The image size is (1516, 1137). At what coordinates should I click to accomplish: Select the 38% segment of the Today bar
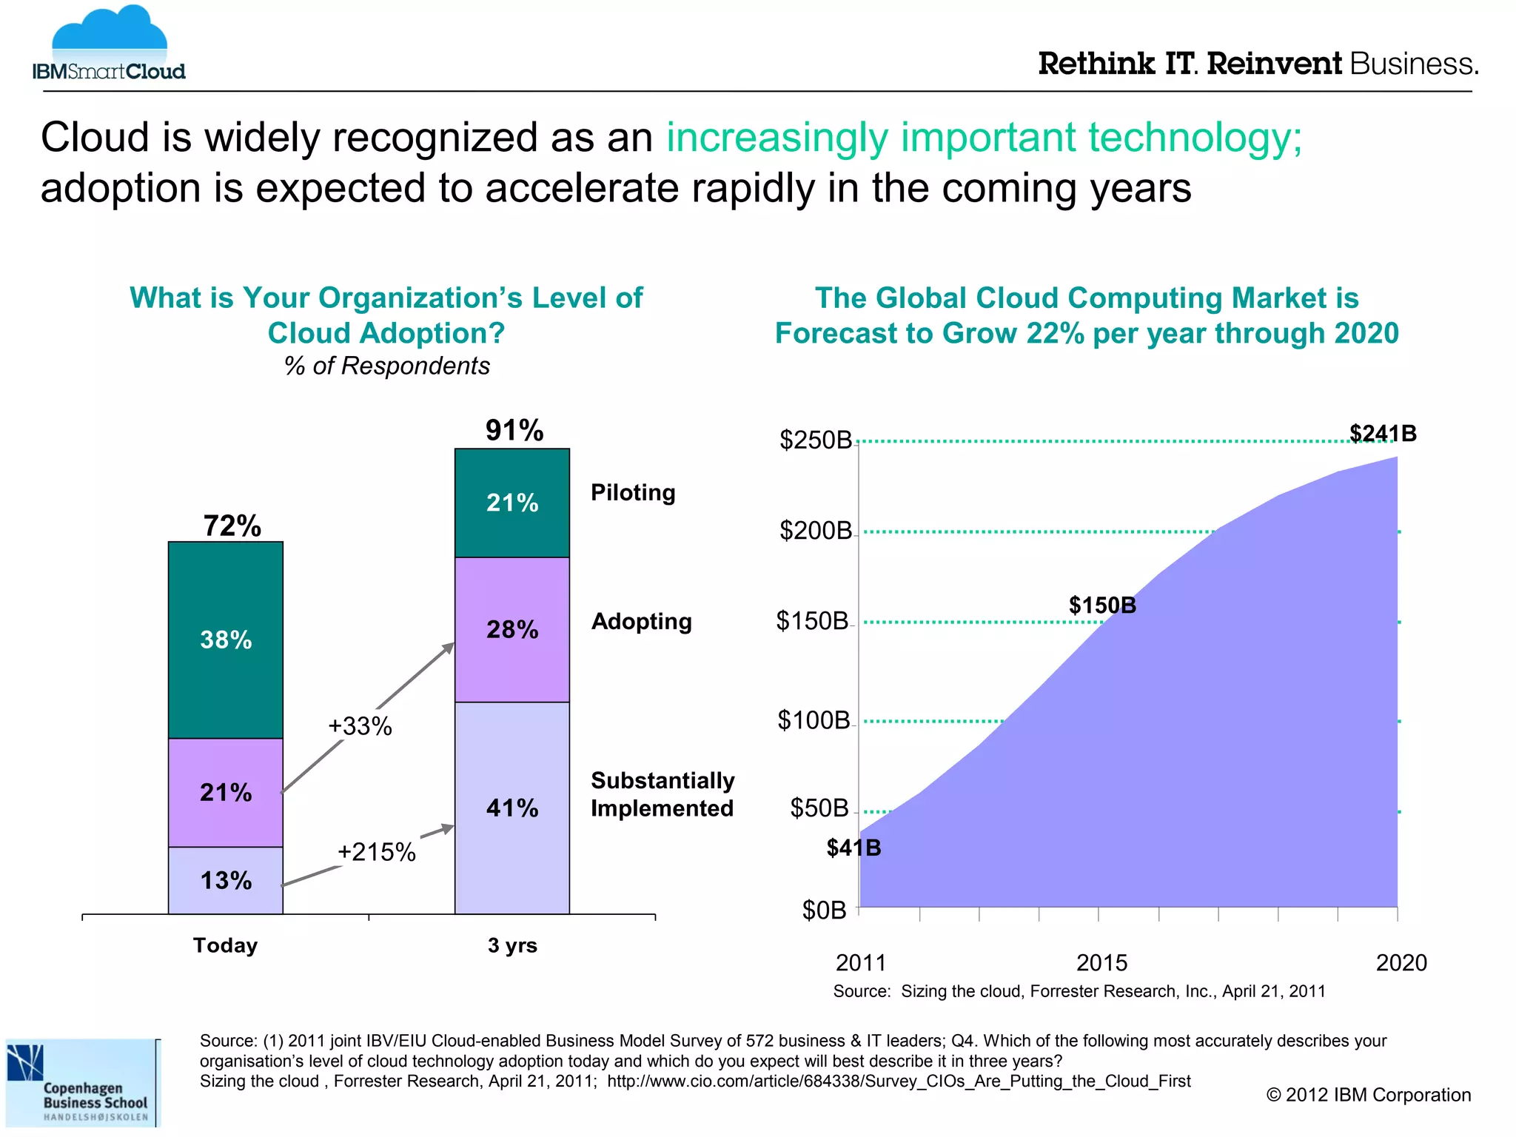pos(226,640)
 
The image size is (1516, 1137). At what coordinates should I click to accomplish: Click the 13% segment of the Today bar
pos(226,880)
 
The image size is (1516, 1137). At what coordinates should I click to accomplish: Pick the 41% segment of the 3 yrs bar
pos(512,808)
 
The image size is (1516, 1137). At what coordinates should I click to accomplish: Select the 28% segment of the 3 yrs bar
pos(512,629)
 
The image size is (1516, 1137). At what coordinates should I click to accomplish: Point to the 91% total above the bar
pos(514,430)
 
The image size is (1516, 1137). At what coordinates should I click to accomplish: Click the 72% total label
pos(232,526)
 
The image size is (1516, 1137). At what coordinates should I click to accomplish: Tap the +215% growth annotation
pos(377,852)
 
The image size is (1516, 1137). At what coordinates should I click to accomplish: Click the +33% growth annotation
pos(360,726)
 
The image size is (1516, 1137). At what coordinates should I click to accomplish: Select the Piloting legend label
pos(633,492)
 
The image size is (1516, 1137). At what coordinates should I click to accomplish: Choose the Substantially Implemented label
pos(663,794)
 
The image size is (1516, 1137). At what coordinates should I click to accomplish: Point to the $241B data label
pos(1383,433)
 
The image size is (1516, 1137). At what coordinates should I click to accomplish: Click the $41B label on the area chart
pos(853,848)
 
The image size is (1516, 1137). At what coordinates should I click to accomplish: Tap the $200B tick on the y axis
pos(816,531)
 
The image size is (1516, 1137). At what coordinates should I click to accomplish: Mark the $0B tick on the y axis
pos(824,910)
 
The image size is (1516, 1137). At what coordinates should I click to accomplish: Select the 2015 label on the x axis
pos(1101,962)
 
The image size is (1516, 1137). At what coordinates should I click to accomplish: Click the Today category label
pos(225,945)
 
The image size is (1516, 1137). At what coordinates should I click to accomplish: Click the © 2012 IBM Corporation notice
pos(1368,1095)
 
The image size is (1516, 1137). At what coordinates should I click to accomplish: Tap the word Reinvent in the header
pos(1273,64)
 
